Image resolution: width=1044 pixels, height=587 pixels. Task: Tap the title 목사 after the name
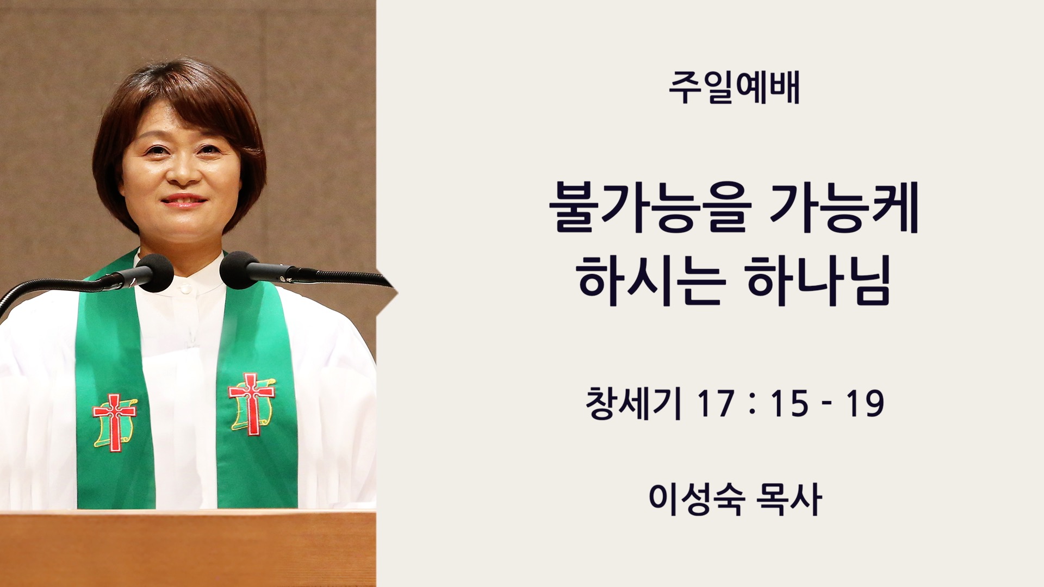tap(790, 499)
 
